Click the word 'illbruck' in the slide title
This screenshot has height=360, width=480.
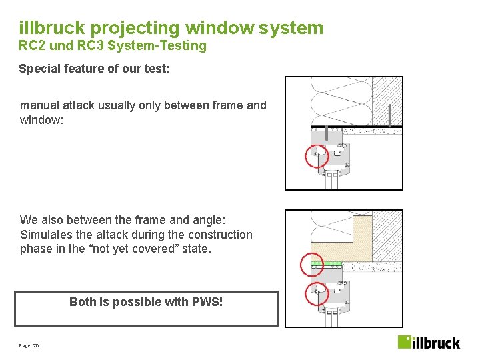point(52,28)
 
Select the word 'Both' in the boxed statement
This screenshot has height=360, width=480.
point(83,302)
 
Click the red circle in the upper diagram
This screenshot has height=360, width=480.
point(317,156)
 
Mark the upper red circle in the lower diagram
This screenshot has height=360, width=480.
point(312,265)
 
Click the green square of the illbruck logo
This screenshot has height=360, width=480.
point(405,342)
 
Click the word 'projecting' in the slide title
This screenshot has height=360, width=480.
point(136,28)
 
